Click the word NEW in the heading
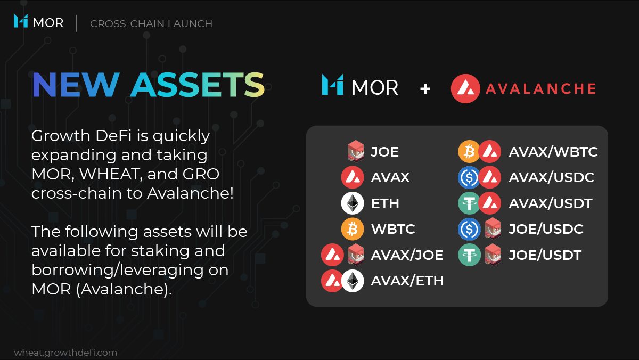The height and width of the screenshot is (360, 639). [x=76, y=85]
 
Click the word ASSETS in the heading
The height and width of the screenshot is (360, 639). [x=198, y=85]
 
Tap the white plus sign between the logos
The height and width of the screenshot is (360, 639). [x=425, y=89]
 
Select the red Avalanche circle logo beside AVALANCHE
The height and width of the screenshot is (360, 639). [x=465, y=88]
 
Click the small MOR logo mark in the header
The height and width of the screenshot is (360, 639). [x=21, y=21]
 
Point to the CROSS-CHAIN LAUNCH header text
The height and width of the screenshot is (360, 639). [x=151, y=23]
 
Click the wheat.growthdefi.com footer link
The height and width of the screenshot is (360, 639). [x=65, y=353]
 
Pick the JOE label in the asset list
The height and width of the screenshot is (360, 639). [x=384, y=152]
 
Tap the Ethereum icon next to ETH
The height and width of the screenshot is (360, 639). [x=353, y=203]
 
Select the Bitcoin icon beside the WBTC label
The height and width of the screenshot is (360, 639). [x=353, y=229]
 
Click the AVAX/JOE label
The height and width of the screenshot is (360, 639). [x=407, y=255]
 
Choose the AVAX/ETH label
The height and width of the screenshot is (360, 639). [x=407, y=281]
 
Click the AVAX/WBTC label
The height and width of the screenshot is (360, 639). [x=553, y=152]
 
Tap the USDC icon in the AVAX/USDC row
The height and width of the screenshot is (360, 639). [x=469, y=177]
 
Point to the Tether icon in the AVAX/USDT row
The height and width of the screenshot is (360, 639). [x=469, y=203]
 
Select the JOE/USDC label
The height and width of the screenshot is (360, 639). [x=546, y=229]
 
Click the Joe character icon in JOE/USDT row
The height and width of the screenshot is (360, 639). [x=493, y=255]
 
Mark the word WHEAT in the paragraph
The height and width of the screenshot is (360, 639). [x=111, y=174]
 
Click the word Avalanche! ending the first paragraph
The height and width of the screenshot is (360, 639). [x=190, y=193]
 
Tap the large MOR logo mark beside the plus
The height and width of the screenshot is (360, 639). [x=332, y=85]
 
